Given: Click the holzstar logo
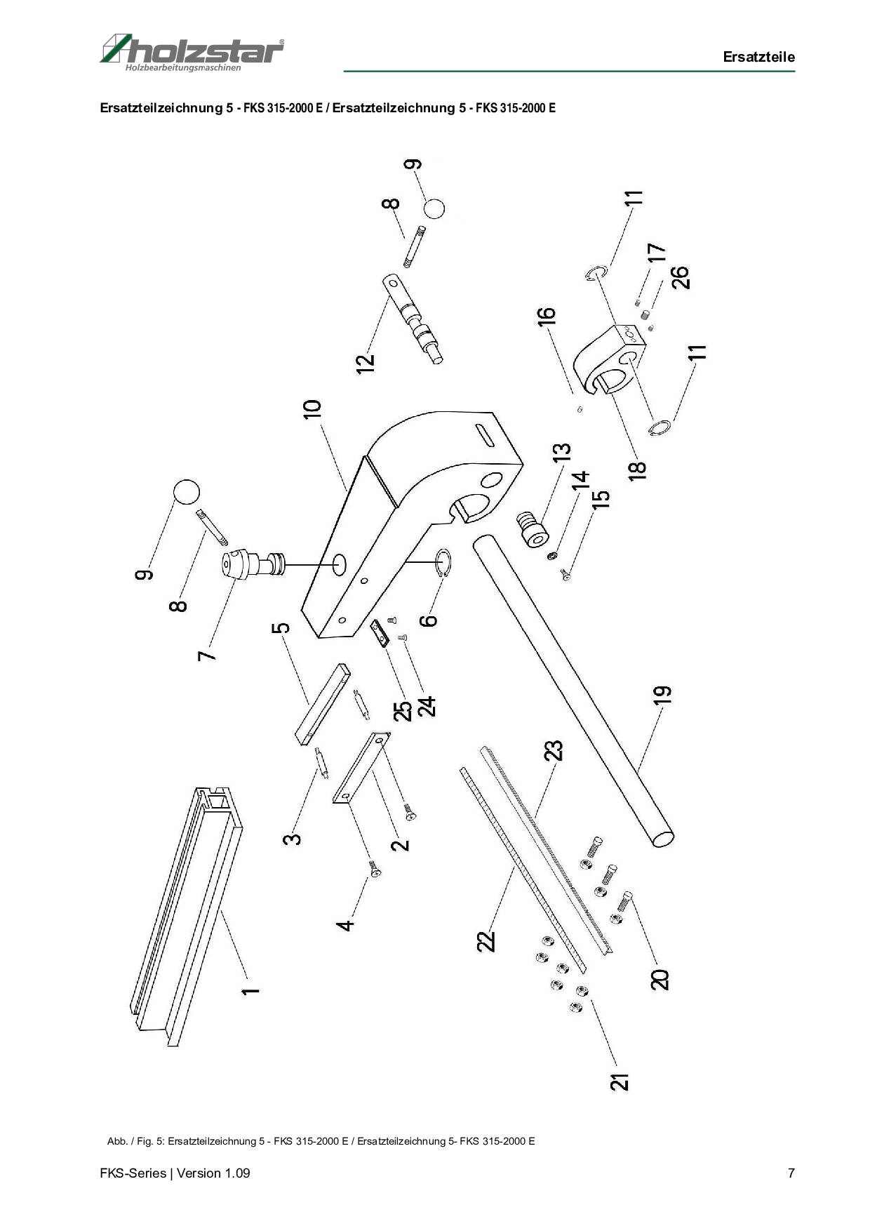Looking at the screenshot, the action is (x=192, y=52).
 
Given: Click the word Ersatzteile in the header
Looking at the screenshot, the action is (x=758, y=57).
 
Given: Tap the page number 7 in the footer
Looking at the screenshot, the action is (x=791, y=1173).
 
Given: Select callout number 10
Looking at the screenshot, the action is (x=313, y=408).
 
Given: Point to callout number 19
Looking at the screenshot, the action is (x=662, y=694).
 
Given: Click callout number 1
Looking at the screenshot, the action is (x=250, y=991).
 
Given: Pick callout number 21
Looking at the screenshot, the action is (x=620, y=1082).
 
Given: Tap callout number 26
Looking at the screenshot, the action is (x=680, y=277).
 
